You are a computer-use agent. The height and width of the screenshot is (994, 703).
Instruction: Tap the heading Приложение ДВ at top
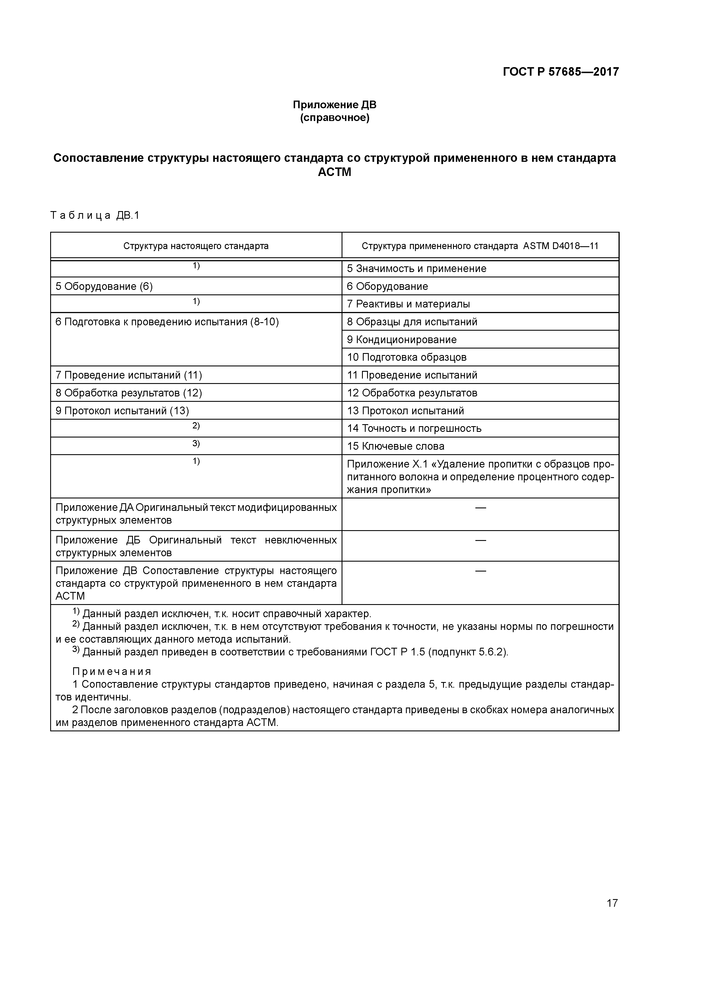pyautogui.click(x=334, y=105)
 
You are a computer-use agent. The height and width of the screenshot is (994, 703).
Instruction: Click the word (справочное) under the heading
pyautogui.click(x=334, y=118)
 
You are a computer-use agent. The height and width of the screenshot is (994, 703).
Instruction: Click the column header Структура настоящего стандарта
pyautogui.click(x=196, y=246)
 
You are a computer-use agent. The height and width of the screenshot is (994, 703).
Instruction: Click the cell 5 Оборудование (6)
pyautogui.click(x=104, y=286)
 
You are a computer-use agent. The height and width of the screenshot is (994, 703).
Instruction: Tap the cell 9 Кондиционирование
pyautogui.click(x=401, y=339)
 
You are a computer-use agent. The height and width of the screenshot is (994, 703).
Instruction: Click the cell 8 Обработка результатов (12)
pyautogui.click(x=129, y=393)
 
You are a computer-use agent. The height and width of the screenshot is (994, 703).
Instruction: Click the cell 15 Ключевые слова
pyautogui.click(x=395, y=446)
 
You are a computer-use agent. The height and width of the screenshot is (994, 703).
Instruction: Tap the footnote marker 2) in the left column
pyautogui.click(x=196, y=426)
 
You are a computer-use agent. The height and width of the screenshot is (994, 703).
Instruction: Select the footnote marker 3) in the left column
pyautogui.click(x=196, y=444)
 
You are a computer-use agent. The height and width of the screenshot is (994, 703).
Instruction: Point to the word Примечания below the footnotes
pyautogui.click(x=112, y=672)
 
